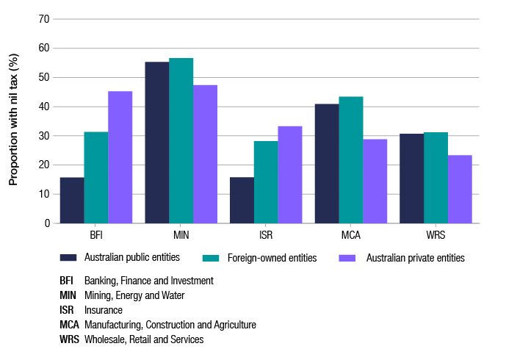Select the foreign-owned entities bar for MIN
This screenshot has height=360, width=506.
click(181, 140)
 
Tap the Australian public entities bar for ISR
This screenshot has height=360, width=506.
click(242, 200)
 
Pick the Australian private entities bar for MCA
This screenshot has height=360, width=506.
click(375, 181)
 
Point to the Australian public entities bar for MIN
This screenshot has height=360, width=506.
click(157, 143)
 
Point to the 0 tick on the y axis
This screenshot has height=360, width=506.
click(46, 223)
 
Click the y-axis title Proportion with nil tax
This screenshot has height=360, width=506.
click(13, 121)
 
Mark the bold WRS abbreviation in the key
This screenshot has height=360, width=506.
click(69, 339)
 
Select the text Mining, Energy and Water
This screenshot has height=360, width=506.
click(134, 295)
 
